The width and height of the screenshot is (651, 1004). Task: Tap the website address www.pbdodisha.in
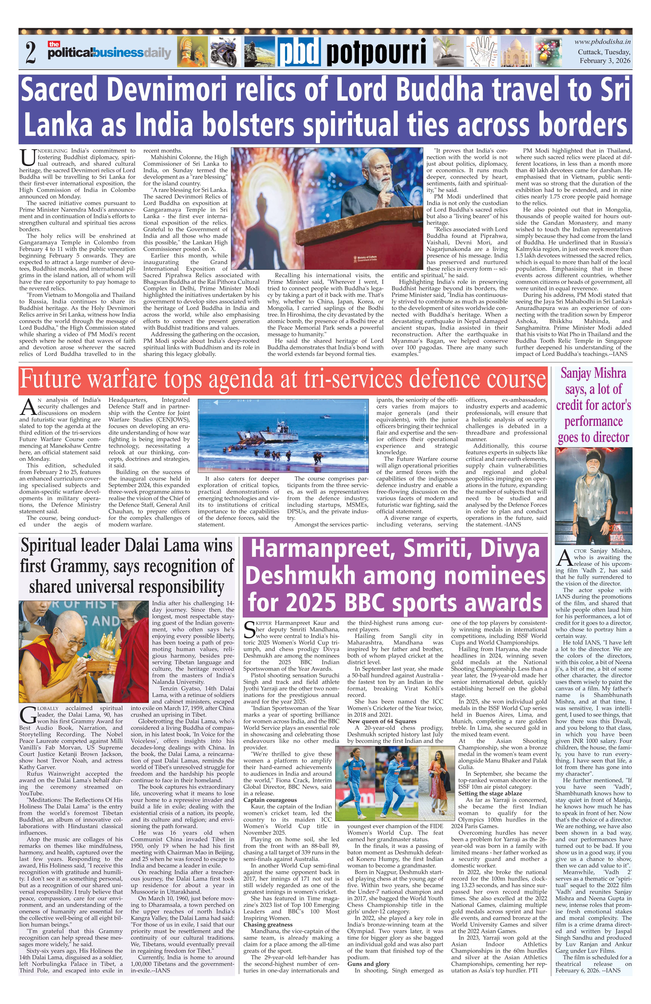602,42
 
